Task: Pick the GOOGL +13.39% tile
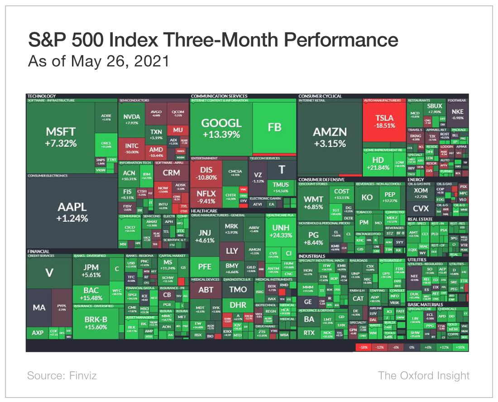[x=221, y=128]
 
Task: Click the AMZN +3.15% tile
[x=330, y=137]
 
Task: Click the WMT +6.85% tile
[x=313, y=203]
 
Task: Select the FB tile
[x=274, y=128]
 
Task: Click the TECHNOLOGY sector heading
[x=42, y=96]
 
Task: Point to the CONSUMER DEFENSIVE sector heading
[x=321, y=179]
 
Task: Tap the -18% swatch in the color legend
[x=363, y=347]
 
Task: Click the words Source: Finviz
[x=62, y=375]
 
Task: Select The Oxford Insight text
[x=423, y=375]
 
